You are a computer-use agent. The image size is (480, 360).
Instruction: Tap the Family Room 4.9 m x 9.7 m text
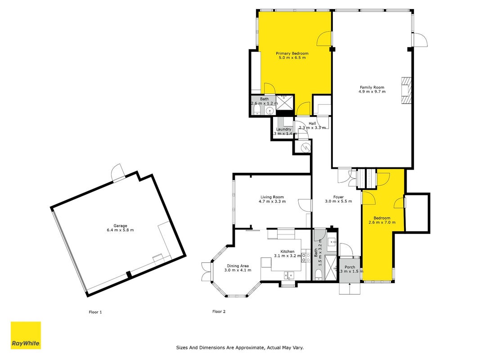372,90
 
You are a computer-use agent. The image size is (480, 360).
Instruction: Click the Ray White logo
26,335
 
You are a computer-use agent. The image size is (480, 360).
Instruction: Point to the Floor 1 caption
95,312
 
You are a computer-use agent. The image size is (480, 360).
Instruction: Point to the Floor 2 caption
219,311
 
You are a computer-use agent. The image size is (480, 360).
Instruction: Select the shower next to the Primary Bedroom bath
285,102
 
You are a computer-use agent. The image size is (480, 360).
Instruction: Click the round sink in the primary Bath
270,111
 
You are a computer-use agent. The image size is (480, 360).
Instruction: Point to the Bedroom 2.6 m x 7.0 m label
382,220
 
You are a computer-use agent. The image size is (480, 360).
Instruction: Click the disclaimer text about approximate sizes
240,347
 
